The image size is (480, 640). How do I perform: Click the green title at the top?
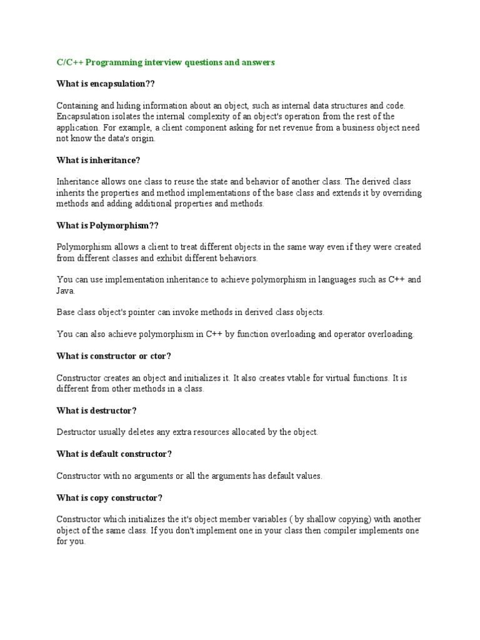tap(166, 62)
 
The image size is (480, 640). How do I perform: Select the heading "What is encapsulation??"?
tap(106, 84)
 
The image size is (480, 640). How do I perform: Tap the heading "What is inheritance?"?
tap(98, 161)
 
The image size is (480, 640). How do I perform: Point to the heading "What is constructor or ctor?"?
tap(114, 356)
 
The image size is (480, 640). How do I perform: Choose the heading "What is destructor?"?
tap(96, 411)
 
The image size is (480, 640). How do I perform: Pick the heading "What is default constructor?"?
tap(114, 454)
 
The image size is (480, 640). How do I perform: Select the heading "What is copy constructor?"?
tap(109, 498)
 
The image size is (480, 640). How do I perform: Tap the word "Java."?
tap(66, 291)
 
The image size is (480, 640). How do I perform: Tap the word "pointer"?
tap(140, 312)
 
